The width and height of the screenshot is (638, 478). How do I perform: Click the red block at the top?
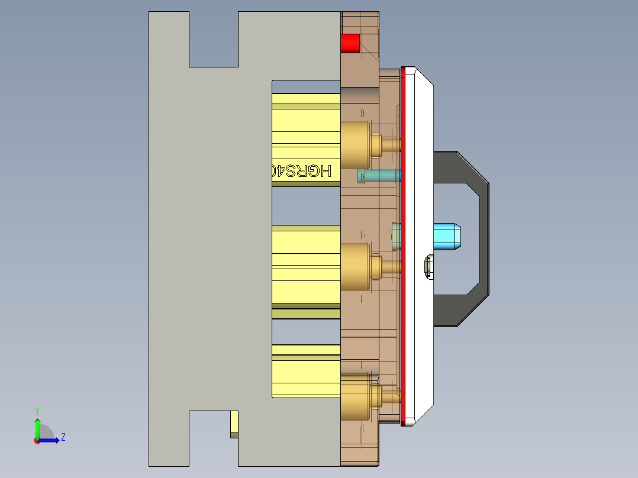click(x=350, y=43)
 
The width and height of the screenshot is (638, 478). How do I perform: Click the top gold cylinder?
click(x=355, y=146)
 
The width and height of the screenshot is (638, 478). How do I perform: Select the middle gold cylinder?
click(x=355, y=268)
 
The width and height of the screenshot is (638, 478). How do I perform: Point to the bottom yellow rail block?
click(x=306, y=376)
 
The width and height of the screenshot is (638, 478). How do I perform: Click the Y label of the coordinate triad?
click(x=37, y=411)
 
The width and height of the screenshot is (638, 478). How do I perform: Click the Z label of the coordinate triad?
click(x=63, y=437)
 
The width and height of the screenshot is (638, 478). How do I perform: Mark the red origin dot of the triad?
click(x=37, y=441)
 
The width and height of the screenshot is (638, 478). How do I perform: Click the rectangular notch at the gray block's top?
click(x=214, y=39)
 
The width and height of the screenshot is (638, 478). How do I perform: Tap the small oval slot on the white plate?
click(x=429, y=267)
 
